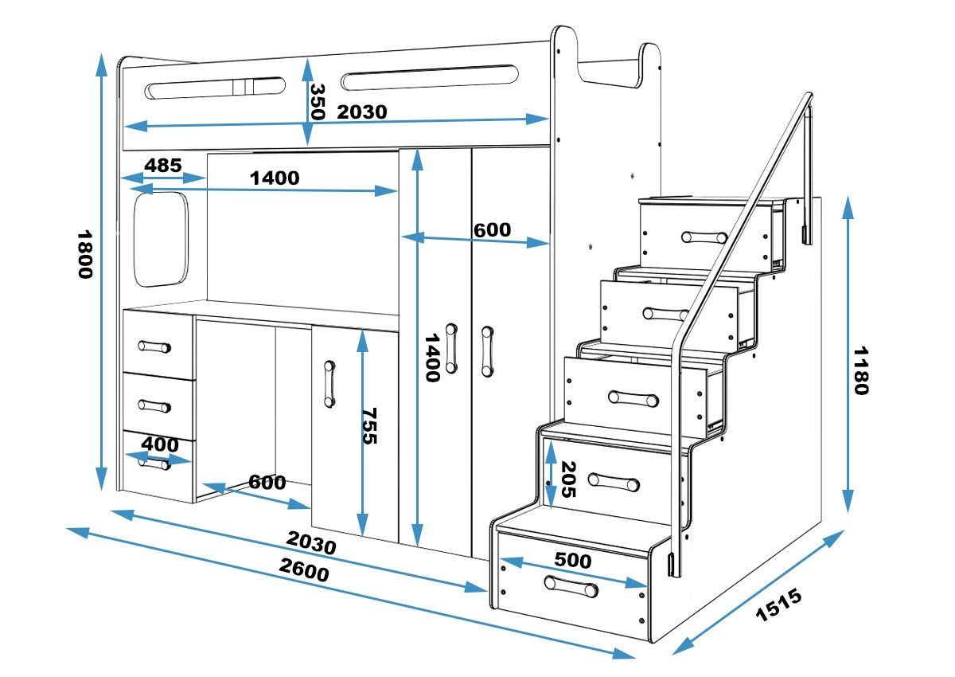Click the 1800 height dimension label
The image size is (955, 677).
tap(84, 254)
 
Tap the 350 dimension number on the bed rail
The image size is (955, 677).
tap(318, 101)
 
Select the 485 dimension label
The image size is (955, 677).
tap(163, 166)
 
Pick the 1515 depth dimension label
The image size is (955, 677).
tap(777, 605)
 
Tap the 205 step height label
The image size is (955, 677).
tap(567, 479)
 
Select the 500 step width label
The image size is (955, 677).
tap(573, 560)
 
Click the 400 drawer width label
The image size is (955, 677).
tap(161, 444)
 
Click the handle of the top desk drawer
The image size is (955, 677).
tap(154, 346)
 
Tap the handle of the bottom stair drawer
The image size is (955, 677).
tap(571, 587)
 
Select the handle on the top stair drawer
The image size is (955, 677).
tap(704, 237)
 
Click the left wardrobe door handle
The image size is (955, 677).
tap(452, 348)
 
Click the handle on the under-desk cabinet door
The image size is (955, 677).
tap(329, 385)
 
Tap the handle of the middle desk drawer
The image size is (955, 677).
tap(154, 406)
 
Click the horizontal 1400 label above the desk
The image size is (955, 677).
tap(275, 178)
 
